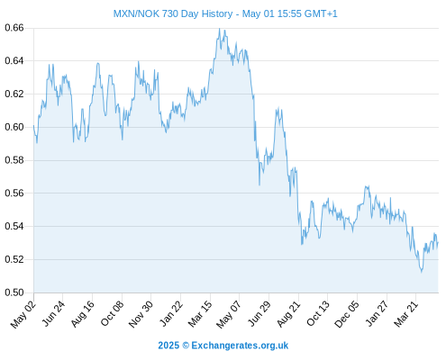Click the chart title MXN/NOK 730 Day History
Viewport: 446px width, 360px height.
tap(173, 13)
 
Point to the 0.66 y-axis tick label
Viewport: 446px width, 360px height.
tap(14, 28)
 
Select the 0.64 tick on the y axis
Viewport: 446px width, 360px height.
tap(14, 61)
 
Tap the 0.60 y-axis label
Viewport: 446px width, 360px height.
tap(14, 127)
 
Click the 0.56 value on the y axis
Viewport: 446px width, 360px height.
tap(14, 193)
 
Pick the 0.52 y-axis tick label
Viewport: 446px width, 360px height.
tap(14, 259)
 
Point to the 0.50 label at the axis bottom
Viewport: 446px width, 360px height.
tap(14, 292)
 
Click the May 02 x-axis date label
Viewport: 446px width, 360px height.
tap(23, 314)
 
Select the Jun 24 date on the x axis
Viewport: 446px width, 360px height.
tap(53, 314)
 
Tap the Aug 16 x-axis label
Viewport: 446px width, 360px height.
tap(83, 314)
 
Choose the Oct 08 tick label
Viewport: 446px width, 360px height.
tap(112, 314)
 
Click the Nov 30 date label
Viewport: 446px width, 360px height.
tap(141, 314)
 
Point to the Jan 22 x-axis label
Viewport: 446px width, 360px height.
tap(171, 314)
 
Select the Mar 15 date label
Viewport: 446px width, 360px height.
tap(200, 314)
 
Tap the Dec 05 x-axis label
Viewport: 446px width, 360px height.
tap(347, 314)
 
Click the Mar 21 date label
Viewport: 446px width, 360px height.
tap(406, 314)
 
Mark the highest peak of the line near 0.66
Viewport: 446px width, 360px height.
tap(220, 29)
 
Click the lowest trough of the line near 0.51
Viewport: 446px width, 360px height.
tap(422, 272)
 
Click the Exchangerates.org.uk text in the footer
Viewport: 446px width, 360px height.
tap(240, 346)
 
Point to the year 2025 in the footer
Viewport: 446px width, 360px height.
tap(168, 346)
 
